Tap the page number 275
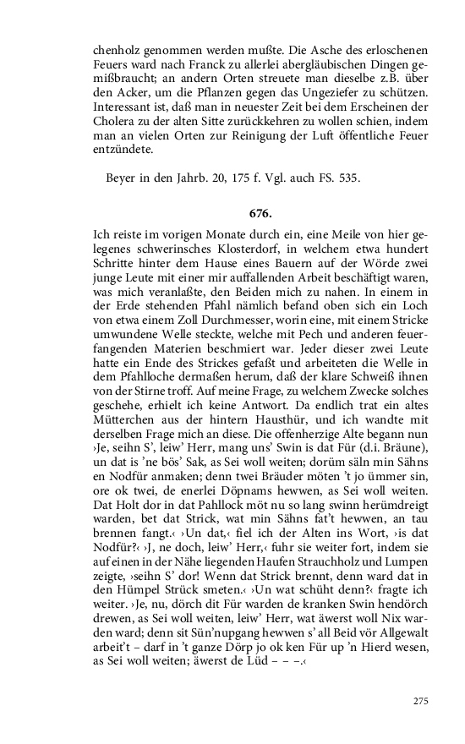coord(421,701)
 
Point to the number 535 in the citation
coord(350,178)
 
